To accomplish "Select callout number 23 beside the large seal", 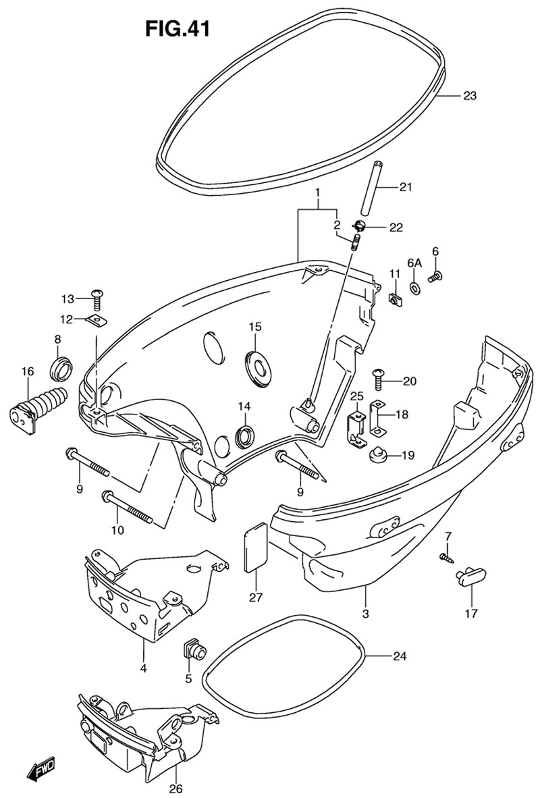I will (x=469, y=96).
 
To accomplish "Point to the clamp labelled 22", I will (x=360, y=227).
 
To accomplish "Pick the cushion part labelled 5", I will (x=195, y=651).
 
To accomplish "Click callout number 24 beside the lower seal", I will (x=400, y=656).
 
